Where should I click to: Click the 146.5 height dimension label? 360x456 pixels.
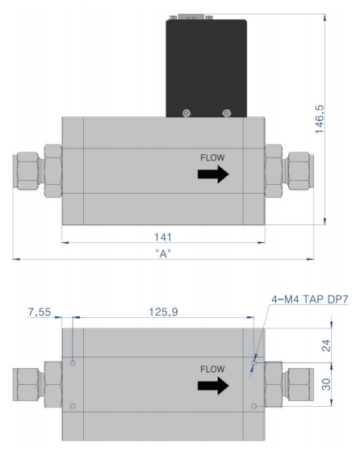tap(320, 119)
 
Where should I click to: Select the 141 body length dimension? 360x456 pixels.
tap(163, 237)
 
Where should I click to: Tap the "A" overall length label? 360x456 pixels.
tap(163, 253)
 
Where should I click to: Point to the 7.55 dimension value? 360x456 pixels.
tap(40, 312)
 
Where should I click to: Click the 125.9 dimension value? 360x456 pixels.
tap(163, 312)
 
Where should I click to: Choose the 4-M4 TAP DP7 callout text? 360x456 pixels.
tap(310, 299)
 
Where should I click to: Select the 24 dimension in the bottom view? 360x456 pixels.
tap(326, 345)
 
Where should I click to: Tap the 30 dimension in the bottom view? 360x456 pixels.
tap(326, 384)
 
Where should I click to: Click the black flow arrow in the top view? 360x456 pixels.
tap(213, 174)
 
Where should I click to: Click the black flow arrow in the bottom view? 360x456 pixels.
tap(213, 386)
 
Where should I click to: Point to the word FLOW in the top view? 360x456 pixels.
tap(212, 157)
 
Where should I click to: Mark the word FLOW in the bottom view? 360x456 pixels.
tap(212, 369)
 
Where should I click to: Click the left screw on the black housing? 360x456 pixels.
tap(186, 113)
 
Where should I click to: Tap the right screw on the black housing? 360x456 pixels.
tap(227, 113)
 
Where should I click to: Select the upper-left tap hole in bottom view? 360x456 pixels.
tap(73, 363)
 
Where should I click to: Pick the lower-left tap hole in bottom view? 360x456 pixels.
tap(73, 406)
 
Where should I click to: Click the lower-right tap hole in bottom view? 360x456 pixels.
tap(254, 406)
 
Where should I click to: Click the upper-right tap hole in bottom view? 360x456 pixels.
tap(254, 363)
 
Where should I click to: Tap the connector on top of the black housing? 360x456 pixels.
tap(191, 17)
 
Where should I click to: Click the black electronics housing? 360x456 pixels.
tap(207, 69)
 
